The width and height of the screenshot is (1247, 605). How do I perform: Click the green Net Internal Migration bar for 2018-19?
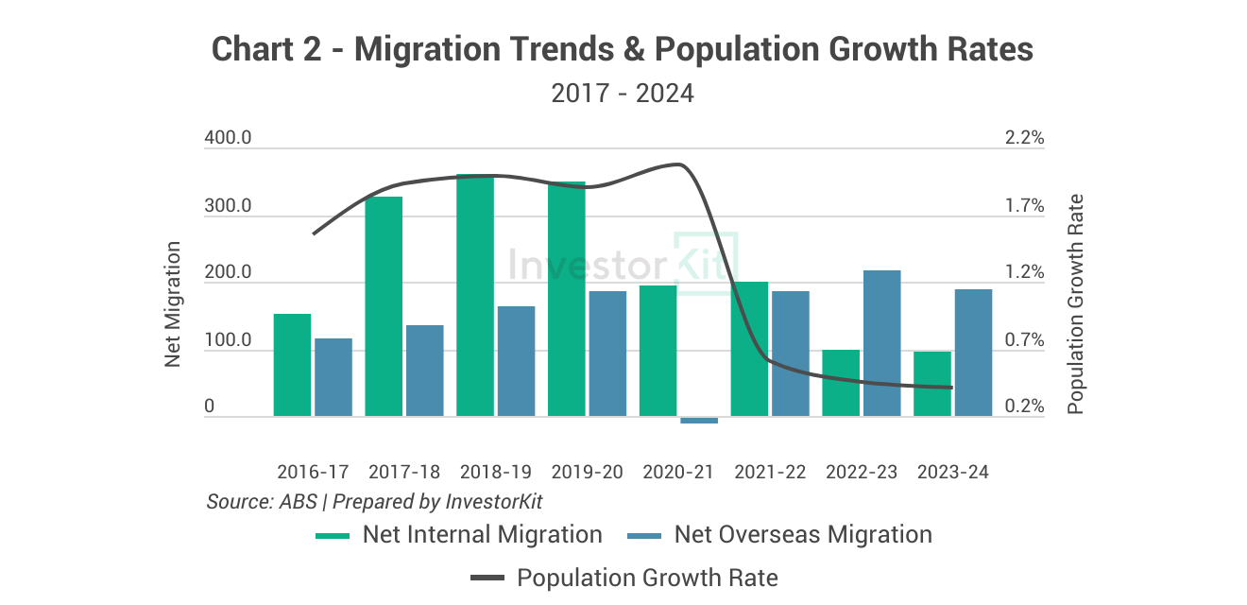[x=475, y=295]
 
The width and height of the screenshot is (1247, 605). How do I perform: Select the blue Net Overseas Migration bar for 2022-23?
[x=881, y=343]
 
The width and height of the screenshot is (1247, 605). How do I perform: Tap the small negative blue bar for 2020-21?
[x=699, y=420]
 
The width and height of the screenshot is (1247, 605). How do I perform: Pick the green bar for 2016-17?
[x=292, y=365]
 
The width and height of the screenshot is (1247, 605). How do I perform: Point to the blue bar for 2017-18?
[x=424, y=371]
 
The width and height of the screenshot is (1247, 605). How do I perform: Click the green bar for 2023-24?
[x=932, y=384]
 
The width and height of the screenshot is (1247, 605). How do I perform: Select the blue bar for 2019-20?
[x=607, y=354]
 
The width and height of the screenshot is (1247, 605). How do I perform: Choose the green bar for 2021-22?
[x=749, y=349]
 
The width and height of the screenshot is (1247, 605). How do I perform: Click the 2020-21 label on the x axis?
[x=678, y=472]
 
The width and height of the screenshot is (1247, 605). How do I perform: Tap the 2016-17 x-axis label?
[x=313, y=472]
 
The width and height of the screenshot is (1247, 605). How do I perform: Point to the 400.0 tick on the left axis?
[x=228, y=138]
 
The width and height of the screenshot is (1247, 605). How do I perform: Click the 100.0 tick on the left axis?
[x=228, y=340]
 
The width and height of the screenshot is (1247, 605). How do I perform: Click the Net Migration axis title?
[x=173, y=304]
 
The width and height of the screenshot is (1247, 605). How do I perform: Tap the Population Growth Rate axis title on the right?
[x=1075, y=304]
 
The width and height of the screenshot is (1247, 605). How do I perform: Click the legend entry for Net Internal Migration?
[x=459, y=535]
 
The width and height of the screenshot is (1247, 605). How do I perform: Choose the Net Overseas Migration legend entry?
[x=779, y=535]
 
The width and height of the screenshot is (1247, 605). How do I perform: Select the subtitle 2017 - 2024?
[x=623, y=94]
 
